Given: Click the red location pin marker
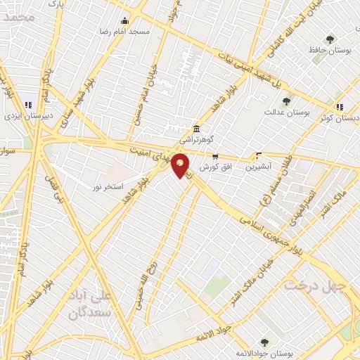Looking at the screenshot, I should pyautogui.click(x=181, y=165).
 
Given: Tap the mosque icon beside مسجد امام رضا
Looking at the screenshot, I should pyautogui.click(x=125, y=20).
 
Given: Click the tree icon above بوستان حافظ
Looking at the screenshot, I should pyautogui.click(x=330, y=39).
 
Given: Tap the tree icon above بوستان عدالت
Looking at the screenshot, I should pyautogui.click(x=290, y=101).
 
